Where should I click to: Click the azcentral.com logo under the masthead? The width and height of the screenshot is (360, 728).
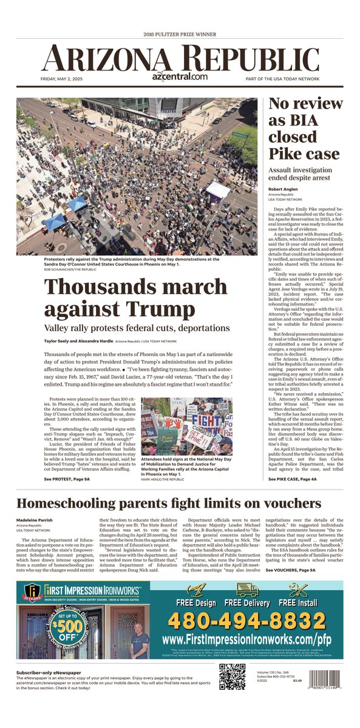[x=180, y=77]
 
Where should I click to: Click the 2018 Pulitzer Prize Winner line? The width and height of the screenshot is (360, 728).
[x=180, y=35]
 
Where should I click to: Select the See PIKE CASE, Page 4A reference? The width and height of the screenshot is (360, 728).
[x=293, y=479]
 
